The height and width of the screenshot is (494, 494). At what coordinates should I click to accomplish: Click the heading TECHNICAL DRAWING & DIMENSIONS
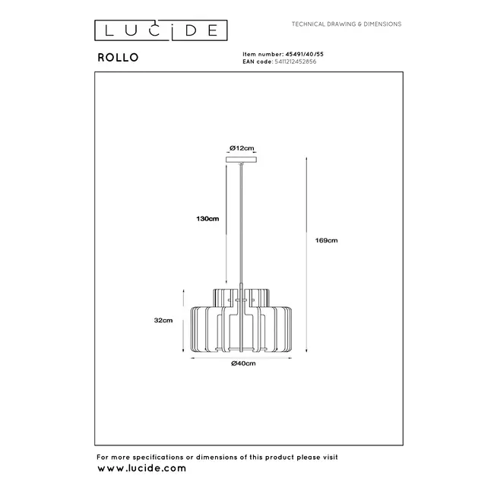[347, 24]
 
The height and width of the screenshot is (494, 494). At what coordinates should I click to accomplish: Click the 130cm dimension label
[207, 219]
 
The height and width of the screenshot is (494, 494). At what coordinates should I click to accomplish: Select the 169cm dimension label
[327, 240]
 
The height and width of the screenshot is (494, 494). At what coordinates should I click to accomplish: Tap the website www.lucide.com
[141, 468]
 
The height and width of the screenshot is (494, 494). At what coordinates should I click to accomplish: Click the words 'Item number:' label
[258, 54]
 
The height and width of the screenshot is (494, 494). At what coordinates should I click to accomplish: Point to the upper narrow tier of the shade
[242, 295]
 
